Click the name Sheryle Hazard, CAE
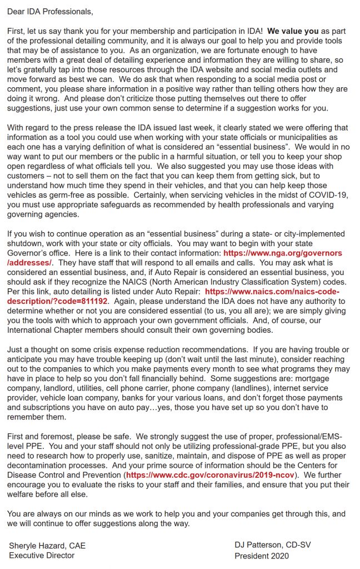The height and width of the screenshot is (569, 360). tap(47, 546)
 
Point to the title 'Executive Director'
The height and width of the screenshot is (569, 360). tap(42, 555)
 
